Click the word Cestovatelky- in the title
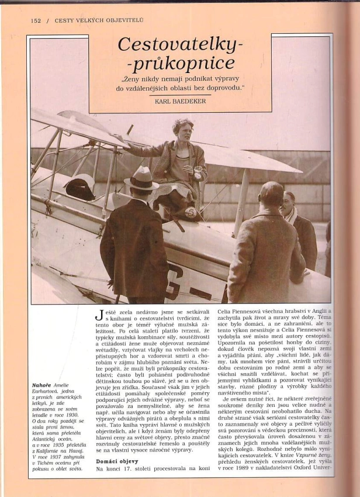pos(180,44)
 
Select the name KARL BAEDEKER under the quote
pos(180,101)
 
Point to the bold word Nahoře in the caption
pos(43,385)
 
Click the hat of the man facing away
pos(141,178)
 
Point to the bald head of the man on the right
pos(272,192)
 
